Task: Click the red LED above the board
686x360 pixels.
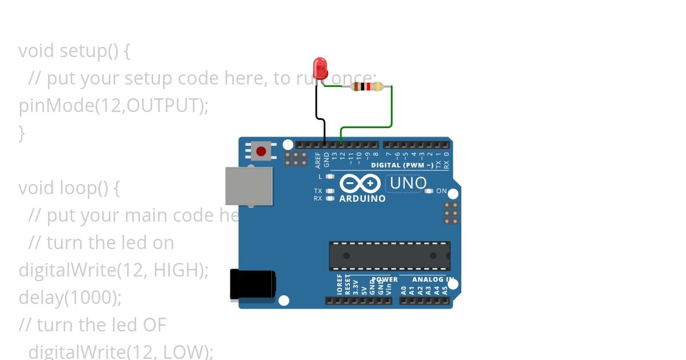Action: point(321,67)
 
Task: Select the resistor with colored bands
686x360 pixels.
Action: point(367,87)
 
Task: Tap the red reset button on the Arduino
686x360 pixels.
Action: point(261,151)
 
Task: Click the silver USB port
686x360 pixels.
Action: point(249,186)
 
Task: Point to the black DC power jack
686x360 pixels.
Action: point(252,284)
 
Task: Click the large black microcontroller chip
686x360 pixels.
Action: point(389,256)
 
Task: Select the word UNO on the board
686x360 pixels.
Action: point(408,183)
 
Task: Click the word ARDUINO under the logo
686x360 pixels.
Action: point(362,199)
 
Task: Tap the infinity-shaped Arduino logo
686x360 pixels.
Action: point(360,183)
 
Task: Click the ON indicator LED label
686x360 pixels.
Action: point(441,191)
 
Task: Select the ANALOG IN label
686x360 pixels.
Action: point(433,280)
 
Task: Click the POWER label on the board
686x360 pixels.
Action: point(385,280)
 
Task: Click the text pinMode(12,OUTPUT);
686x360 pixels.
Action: point(114,106)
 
